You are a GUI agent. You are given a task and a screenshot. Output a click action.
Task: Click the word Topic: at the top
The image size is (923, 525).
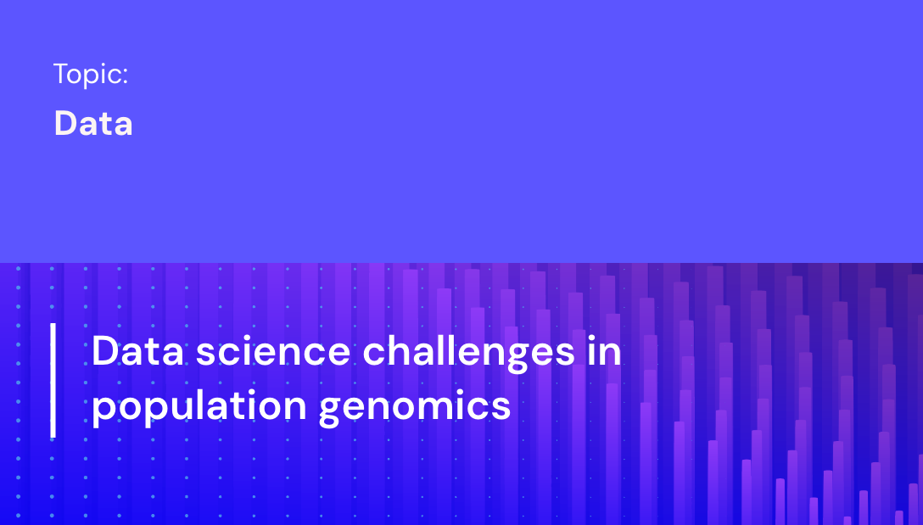90,75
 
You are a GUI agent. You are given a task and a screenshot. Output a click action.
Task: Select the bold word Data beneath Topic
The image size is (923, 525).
93,124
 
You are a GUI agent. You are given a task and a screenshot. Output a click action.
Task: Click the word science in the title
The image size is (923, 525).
273,351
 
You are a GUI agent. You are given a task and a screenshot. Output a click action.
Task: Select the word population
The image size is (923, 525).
199,405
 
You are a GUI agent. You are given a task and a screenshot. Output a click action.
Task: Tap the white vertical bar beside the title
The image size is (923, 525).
53,379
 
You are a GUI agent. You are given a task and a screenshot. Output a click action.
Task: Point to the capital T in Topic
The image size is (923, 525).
60,74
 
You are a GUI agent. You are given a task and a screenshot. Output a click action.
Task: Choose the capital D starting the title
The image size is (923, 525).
104,351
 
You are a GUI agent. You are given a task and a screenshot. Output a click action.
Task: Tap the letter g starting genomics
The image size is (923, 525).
330,408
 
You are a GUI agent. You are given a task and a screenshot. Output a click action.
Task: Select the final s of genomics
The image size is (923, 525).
501,406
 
